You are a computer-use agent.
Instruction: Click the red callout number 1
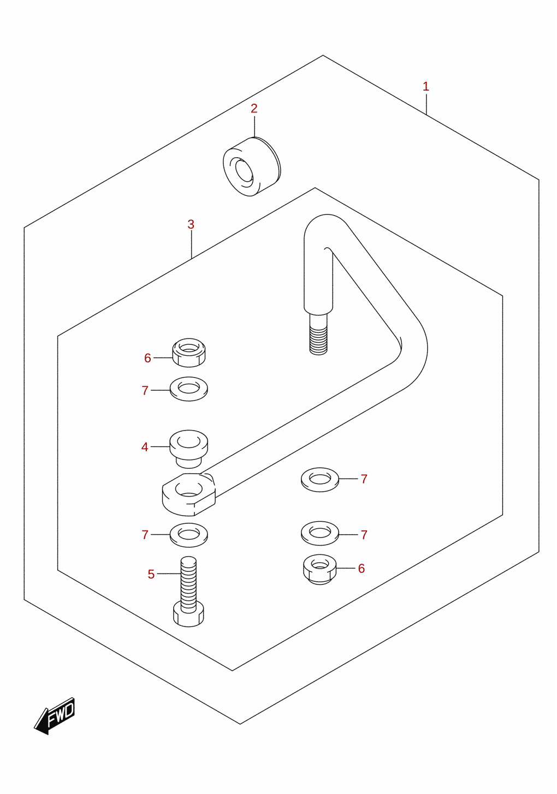(x=426, y=86)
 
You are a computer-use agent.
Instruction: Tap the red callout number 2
(x=254, y=109)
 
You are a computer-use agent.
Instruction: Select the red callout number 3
(x=191, y=224)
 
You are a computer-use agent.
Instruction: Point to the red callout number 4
(x=144, y=447)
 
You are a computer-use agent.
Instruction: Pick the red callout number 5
(x=151, y=574)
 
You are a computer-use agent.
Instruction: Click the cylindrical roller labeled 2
(x=252, y=166)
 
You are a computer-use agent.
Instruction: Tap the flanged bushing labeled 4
(x=189, y=449)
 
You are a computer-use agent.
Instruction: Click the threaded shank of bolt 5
(x=188, y=584)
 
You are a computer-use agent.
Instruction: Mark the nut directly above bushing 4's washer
(x=189, y=353)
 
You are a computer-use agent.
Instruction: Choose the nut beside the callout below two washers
(x=319, y=569)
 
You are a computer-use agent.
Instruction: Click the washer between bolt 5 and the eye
(x=189, y=535)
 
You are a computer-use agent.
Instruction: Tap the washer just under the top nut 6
(x=189, y=389)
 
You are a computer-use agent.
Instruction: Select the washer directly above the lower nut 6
(x=320, y=534)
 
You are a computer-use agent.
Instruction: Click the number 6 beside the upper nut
(x=147, y=358)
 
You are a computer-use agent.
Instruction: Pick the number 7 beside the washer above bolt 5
(x=145, y=535)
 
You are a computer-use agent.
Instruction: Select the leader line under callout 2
(x=254, y=127)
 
